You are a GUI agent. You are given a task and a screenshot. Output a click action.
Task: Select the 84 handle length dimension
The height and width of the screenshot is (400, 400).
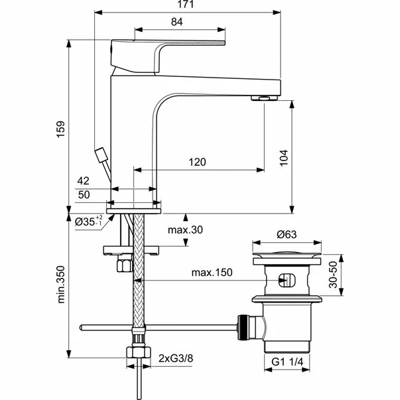pyautogui.click(x=177, y=21)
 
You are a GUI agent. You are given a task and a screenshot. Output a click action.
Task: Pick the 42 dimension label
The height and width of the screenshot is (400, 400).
pyautogui.click(x=84, y=180)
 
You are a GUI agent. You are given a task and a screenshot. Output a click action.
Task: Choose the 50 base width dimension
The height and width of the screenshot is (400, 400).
pyautogui.click(x=84, y=194)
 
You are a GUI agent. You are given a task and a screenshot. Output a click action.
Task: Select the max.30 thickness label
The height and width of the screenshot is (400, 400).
pyautogui.click(x=184, y=230)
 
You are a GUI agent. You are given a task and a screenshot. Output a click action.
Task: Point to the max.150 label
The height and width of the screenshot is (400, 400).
pyautogui.click(x=213, y=273)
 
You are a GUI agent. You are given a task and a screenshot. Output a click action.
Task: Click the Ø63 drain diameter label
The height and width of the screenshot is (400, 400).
pyautogui.click(x=287, y=233)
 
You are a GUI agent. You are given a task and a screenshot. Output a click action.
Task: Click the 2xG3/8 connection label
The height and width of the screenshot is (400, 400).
pyautogui.click(x=175, y=359)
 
